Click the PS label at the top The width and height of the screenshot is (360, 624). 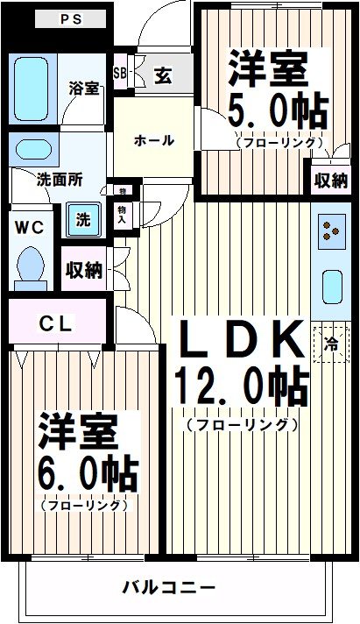point(69,18)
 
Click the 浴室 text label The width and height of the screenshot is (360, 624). point(84,88)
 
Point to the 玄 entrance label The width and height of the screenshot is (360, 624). point(163,75)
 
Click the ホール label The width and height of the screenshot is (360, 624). point(154,140)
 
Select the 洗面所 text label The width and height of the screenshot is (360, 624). point(60,180)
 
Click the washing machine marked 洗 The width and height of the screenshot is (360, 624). point(82,220)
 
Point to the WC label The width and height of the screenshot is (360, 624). point(29,225)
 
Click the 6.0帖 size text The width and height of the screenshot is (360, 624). point(87,476)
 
